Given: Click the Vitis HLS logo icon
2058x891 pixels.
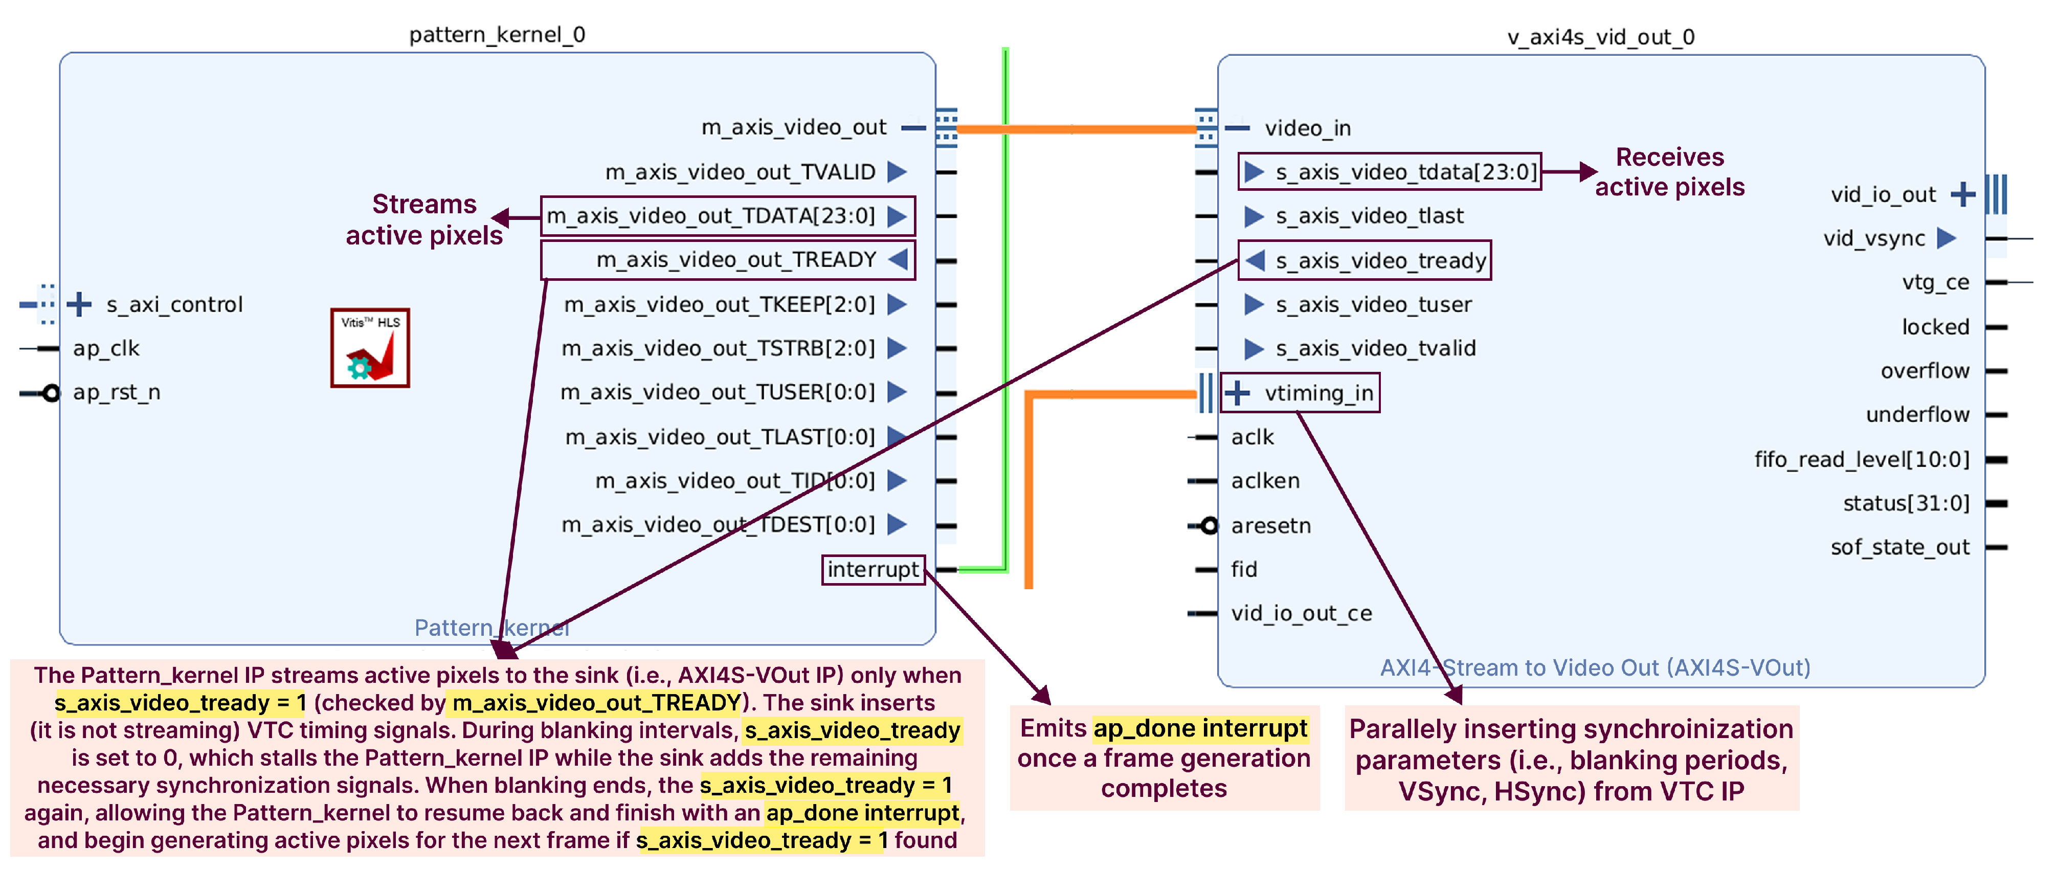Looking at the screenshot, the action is (370, 348).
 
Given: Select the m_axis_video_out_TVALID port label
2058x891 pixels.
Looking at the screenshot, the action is (740, 172).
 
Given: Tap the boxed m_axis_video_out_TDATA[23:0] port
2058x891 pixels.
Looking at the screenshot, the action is (727, 216).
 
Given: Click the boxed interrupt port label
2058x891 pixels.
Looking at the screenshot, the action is (873, 570).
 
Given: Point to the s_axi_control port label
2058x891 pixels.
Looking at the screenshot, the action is (174, 304).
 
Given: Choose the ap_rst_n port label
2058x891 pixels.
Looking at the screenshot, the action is (117, 392).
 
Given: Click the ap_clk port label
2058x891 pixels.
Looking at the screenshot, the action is (106, 348).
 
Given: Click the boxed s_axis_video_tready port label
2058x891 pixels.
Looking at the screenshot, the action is (1364, 260).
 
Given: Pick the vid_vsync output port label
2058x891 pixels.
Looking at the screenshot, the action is (1874, 238).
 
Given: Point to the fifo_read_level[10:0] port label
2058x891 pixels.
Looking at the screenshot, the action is (1862, 459).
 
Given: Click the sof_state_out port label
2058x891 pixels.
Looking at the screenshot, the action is (1900, 547).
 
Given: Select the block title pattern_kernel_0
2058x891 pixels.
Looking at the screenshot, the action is (497, 35).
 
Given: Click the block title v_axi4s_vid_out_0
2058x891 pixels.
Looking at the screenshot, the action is (1600, 37).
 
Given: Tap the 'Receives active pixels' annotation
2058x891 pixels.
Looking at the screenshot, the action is (1670, 172).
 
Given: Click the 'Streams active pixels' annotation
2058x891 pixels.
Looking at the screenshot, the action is (424, 220).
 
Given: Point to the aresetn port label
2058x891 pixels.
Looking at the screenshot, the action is (1271, 526).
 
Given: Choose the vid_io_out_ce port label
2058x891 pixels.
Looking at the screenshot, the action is (1302, 614).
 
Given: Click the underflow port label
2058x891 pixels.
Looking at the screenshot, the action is (1917, 415).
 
